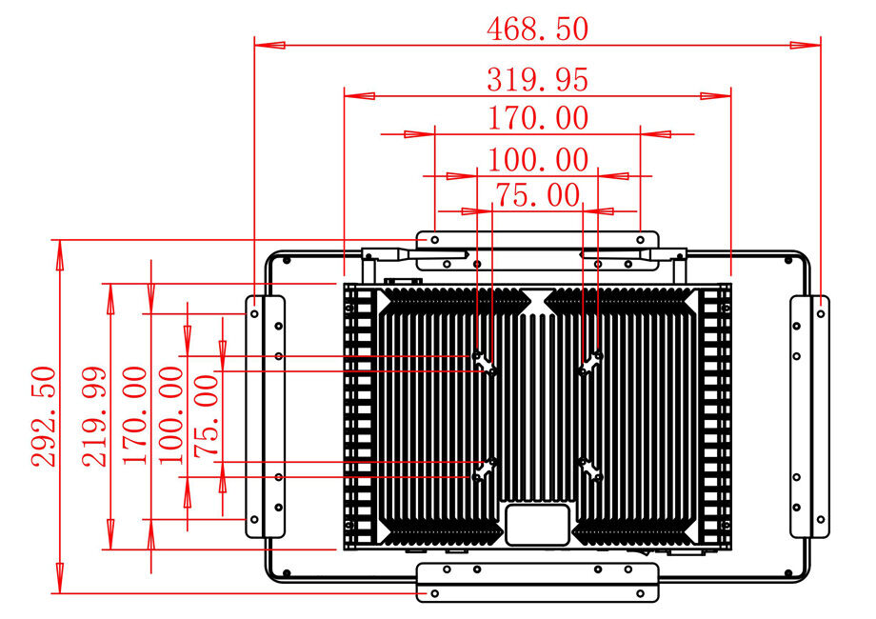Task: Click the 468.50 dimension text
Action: [537, 29]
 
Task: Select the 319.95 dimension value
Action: [537, 79]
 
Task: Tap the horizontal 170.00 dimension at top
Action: [537, 119]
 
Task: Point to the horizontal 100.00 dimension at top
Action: [537, 159]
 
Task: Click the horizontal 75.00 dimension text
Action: [537, 195]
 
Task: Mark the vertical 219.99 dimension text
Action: [93, 416]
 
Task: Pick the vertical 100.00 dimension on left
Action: [171, 416]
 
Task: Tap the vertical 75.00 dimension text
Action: [208, 416]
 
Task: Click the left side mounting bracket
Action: [265, 416]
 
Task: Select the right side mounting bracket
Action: [809, 416]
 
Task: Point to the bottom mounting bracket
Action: [537, 582]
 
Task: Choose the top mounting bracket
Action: [537, 238]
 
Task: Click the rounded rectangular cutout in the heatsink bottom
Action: [537, 524]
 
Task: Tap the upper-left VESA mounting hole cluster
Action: [486, 362]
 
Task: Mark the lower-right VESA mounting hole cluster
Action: [591, 469]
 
